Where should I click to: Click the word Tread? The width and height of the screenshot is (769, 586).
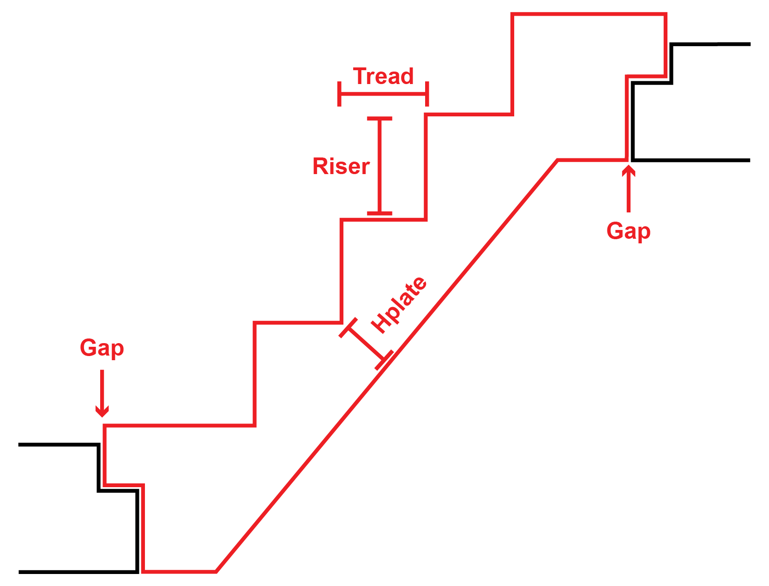pos(383,76)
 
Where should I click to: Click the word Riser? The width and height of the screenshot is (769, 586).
pos(341,166)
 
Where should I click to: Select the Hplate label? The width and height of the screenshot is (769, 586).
pos(399,305)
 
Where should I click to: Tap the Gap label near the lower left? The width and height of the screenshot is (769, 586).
pos(102,348)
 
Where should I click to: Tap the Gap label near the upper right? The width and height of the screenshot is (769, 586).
pos(628,231)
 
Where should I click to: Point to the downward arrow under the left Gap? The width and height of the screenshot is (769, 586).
pos(102,393)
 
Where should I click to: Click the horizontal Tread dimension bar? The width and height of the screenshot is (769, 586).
pos(383,94)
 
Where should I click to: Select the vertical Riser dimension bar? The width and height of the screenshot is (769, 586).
pos(380,166)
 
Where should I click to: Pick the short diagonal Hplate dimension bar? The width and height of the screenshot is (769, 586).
pos(366,344)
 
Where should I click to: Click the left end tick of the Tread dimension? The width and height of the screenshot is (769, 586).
pos(339,94)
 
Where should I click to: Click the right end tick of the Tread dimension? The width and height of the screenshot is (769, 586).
pos(427,94)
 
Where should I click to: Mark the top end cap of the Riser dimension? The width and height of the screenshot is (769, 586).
pos(380,119)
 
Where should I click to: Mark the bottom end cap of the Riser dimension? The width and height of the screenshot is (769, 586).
pos(380,213)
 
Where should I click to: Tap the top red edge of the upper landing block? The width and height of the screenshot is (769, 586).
pos(589,15)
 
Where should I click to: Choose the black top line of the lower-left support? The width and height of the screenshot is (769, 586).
pos(58,445)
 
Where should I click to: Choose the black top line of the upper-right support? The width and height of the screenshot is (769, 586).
pos(711,44)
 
